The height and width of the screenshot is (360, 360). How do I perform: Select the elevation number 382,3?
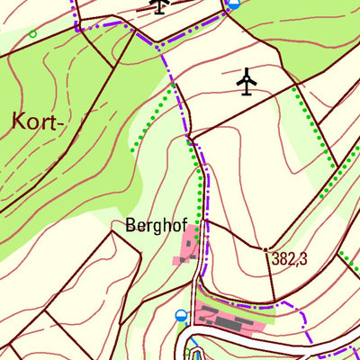click(x=289, y=258)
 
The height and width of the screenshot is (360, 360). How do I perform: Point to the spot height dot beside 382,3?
click(x=265, y=248)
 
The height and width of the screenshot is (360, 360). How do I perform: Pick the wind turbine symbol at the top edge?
click(x=159, y=5)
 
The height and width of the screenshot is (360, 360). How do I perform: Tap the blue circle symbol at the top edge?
click(x=235, y=4)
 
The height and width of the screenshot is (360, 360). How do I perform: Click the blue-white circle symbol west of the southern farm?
click(x=181, y=316)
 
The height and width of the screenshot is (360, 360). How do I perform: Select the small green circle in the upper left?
click(x=32, y=34)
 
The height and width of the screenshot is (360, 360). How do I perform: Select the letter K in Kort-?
click(x=19, y=122)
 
